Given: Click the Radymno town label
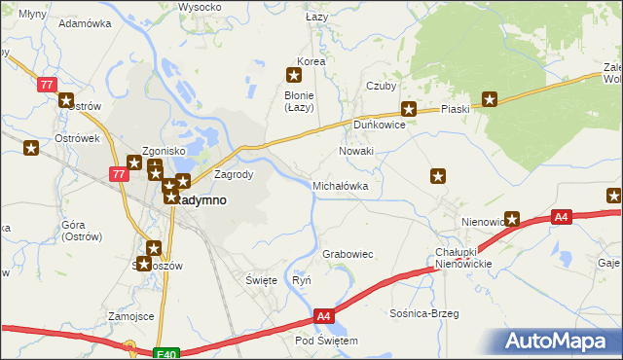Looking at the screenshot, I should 202,199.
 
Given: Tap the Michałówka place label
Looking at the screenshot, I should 340,185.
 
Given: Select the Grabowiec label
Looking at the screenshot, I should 348,254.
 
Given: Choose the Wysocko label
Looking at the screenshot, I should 198,7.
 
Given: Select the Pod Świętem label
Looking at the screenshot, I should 326,342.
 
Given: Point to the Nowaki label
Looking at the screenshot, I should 356,152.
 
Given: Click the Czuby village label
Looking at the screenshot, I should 381,86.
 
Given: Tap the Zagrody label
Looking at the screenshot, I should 234,175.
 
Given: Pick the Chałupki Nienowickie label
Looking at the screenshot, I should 462,258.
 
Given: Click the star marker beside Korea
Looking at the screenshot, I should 293,74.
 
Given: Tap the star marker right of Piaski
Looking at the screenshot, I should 491,99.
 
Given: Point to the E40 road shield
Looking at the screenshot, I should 166,355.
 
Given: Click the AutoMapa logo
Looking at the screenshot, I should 559,342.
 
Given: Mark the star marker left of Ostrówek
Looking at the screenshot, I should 32,149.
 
